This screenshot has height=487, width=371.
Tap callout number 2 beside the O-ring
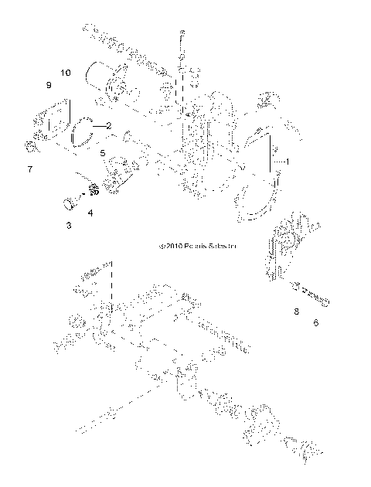109,125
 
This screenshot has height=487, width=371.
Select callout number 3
68,225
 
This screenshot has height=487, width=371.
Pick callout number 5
102,154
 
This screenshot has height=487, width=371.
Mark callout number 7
30,168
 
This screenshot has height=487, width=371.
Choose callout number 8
294,312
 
